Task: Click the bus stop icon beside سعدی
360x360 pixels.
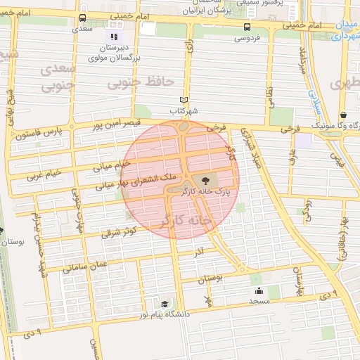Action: coord(83,18)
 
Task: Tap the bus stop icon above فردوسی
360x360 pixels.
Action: coord(246,27)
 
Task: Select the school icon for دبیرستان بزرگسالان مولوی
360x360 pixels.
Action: coord(113,36)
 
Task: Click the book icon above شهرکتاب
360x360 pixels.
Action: coord(184,101)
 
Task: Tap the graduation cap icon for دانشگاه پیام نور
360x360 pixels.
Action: coord(165,304)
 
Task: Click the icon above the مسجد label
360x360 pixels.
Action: coord(259,290)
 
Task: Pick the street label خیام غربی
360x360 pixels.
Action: coord(44,173)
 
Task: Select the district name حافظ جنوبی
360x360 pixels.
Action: coord(140,83)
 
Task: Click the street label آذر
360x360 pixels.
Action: coord(200,250)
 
